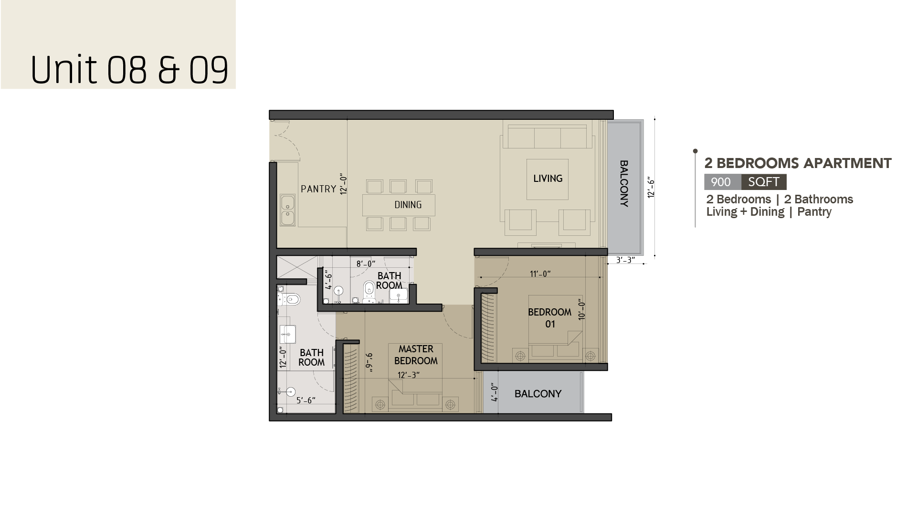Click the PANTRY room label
pos(318,189)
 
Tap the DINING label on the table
pos(408,205)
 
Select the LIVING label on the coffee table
pos(548,179)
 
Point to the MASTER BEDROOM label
pos(416,355)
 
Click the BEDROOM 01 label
pos(550,318)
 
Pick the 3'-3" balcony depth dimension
pos(625,260)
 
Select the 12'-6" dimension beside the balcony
pos(651,188)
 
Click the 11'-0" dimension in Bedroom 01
pos(540,274)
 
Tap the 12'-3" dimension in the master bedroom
pos(408,375)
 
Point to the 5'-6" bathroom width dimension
pos(306,400)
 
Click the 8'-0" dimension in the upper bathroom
pos(366,263)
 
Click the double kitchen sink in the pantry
pos(288,210)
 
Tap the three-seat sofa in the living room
pos(548,137)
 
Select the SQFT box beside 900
pos(764,182)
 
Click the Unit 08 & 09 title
pos(129,70)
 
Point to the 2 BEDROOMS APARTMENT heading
pos(798,163)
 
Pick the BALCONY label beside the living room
pos(624,183)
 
